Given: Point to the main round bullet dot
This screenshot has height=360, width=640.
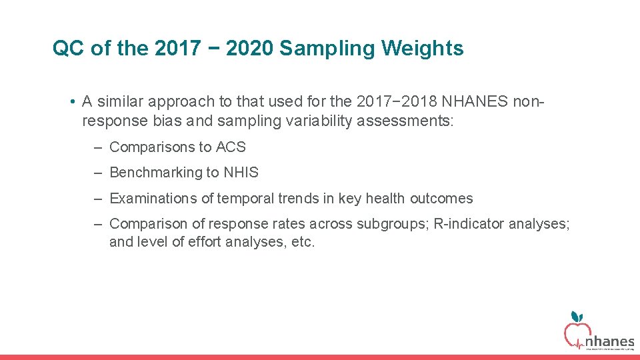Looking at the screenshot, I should pyautogui.click(x=71, y=102).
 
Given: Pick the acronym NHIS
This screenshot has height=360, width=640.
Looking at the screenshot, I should pyautogui.click(x=241, y=173).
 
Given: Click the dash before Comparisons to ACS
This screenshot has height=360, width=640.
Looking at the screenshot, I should pyautogui.click(x=97, y=147).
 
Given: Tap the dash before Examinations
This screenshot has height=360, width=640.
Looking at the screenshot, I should pyautogui.click(x=97, y=199).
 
